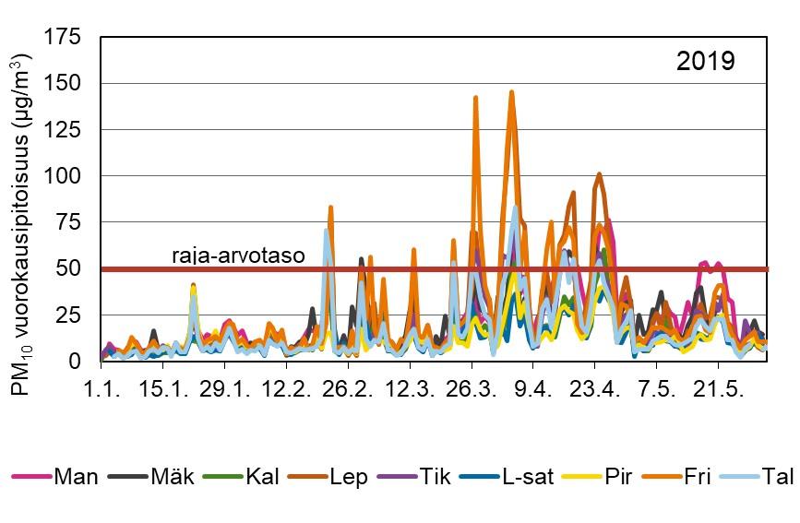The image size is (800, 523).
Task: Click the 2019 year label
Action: (705, 62)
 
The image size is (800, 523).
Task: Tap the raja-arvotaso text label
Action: (238, 256)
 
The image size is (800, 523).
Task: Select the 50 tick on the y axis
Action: (69, 268)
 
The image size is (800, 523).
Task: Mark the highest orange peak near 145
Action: (511, 91)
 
